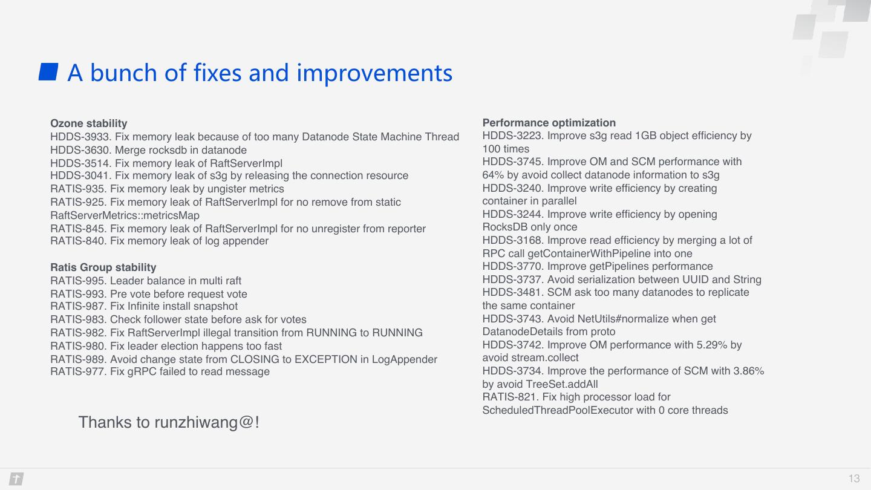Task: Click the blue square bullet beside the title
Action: click(x=48, y=72)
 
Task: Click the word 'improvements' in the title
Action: click(x=374, y=73)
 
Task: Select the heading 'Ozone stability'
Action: click(x=89, y=123)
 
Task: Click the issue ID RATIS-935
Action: click(x=78, y=189)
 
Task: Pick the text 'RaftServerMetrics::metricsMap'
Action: click(x=125, y=215)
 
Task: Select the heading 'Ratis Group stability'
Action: click(x=103, y=267)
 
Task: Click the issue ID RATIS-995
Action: click(x=78, y=281)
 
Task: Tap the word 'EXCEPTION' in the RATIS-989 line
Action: click(x=326, y=359)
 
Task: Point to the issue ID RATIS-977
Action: click(x=78, y=372)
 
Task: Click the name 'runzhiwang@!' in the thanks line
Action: click(x=207, y=423)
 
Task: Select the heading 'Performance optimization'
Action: click(x=549, y=123)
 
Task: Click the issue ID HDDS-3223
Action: click(x=513, y=136)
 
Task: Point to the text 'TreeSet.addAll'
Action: click(x=561, y=384)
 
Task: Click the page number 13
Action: click(x=854, y=479)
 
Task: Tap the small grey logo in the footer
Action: click(x=16, y=479)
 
